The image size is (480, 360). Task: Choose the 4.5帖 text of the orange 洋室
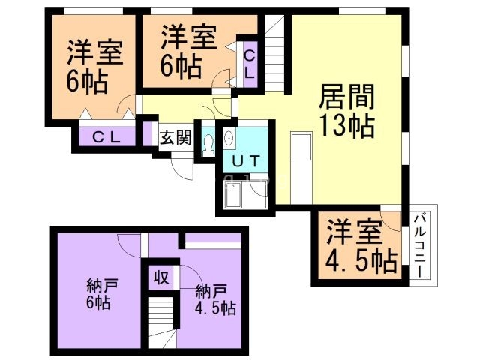[361, 262]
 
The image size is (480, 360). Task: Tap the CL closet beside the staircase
[250, 64]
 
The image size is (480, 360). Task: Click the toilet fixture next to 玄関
[208, 142]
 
